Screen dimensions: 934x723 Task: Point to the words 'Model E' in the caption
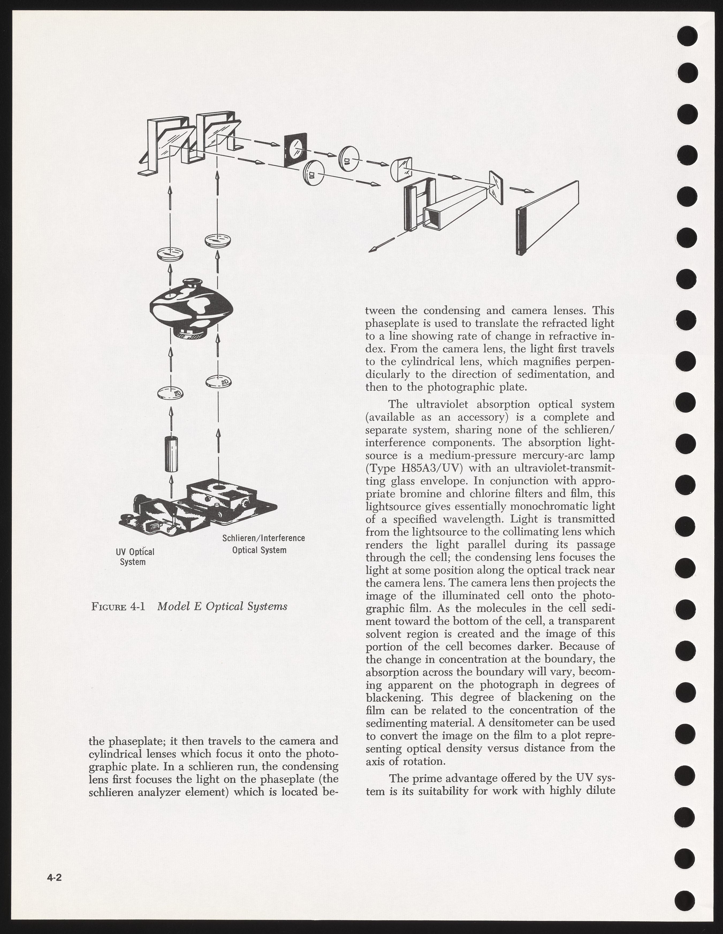pyautogui.click(x=178, y=606)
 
